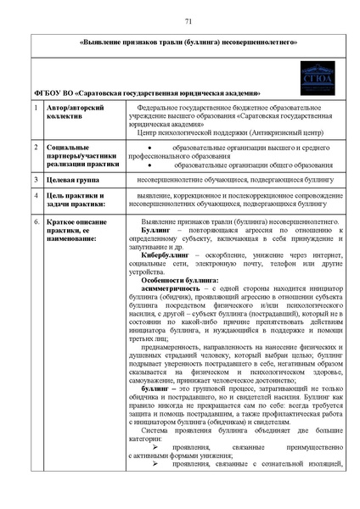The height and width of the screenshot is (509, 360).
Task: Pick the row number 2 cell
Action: tap(34, 148)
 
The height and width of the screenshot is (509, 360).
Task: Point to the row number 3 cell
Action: tap(34, 180)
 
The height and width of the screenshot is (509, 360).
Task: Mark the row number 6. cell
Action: tap(35, 221)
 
